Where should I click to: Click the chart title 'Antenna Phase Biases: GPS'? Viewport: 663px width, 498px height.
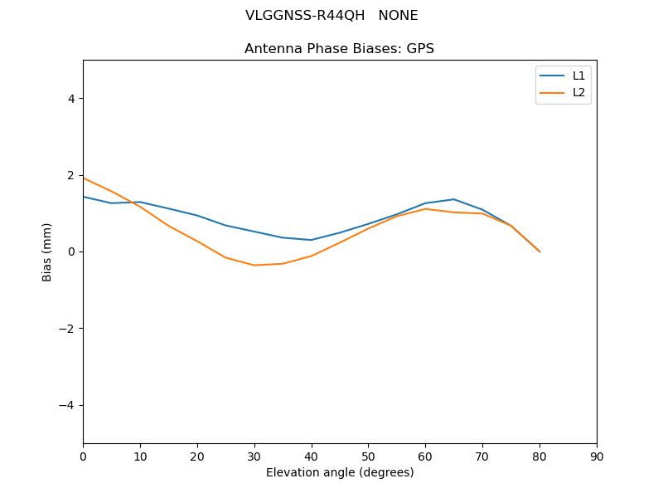[x=339, y=49]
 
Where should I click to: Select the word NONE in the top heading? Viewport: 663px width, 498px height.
[x=398, y=16]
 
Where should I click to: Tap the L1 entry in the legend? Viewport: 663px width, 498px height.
[x=578, y=76]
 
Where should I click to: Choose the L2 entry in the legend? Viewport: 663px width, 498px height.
[x=578, y=92]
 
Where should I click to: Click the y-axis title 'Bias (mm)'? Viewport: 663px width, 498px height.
[x=48, y=251]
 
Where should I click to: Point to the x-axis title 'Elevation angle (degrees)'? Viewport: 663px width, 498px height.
[x=339, y=473]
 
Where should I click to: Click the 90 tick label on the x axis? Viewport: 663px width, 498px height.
[x=597, y=456]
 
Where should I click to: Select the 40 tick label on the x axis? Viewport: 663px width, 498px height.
[x=311, y=456]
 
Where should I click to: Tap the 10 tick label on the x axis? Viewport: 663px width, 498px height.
[x=140, y=456]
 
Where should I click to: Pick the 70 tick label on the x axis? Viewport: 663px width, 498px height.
[x=482, y=456]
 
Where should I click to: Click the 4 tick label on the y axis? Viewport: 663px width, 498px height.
[x=70, y=99]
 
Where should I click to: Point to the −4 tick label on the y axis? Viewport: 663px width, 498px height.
[x=66, y=405]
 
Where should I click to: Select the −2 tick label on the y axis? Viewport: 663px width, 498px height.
[x=66, y=329]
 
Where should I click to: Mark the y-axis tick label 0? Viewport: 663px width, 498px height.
[x=70, y=251]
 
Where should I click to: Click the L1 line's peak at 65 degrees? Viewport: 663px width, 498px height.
[x=454, y=199]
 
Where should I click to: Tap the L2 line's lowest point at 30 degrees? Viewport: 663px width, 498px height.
[x=254, y=265]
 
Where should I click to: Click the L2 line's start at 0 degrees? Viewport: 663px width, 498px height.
[x=84, y=178]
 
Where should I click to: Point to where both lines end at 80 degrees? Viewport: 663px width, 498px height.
[x=540, y=251]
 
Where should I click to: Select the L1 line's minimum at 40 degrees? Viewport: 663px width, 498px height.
[x=312, y=240]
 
